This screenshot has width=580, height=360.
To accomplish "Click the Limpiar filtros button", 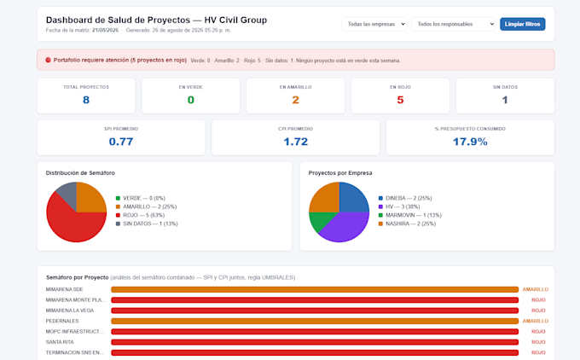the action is (522, 24).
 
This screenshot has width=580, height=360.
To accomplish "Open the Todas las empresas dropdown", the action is (374, 24).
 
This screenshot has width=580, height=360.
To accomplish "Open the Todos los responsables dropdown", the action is (453, 24).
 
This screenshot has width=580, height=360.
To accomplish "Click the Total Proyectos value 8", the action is (86, 100).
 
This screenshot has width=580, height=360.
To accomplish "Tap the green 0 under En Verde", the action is (191, 100).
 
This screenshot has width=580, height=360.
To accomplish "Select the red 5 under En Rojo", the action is (400, 100).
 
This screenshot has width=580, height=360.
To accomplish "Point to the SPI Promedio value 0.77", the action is (121, 142).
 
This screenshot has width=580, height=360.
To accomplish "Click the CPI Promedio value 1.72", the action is (296, 142).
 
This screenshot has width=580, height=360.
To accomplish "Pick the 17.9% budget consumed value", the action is (470, 142).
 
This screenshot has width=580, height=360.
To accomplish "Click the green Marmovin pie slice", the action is (317, 220).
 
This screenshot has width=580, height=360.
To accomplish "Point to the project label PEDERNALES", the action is (62, 321).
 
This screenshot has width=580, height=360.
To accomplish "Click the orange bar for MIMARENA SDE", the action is (315, 290).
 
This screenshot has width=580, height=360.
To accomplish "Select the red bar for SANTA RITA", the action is (315, 342).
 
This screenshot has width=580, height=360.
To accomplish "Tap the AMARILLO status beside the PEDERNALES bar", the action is (536, 321).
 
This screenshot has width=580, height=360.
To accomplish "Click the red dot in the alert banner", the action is (48, 60).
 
